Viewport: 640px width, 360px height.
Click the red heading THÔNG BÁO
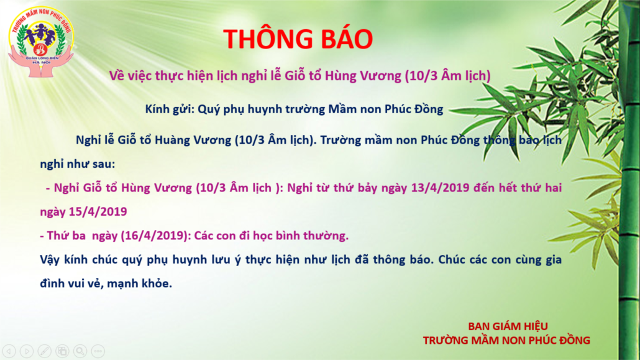tap(298, 39)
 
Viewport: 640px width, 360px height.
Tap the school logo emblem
tap(41, 42)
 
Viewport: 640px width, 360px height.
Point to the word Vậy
tap(50, 260)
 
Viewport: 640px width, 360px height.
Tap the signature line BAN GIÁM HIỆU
tap(508, 326)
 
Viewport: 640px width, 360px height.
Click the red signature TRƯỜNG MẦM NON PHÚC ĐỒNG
tap(506, 340)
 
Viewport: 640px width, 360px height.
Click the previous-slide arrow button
tap(9, 351)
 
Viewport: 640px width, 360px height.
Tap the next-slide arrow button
tap(27, 351)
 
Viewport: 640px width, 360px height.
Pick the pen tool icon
tap(45, 351)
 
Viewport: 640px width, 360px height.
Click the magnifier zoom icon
tap(80, 351)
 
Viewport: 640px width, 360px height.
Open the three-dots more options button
tap(98, 351)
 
